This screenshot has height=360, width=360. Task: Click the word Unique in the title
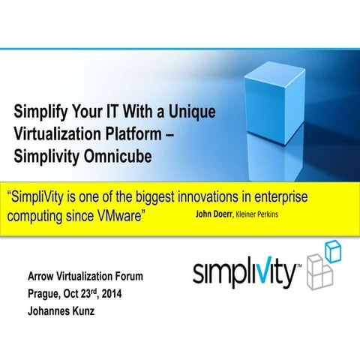click(189, 113)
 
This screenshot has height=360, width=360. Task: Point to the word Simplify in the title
click(40, 113)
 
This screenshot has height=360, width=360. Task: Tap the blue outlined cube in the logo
click(332, 252)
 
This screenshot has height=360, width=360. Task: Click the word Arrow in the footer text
click(41, 277)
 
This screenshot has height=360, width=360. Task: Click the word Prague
click(44, 292)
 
